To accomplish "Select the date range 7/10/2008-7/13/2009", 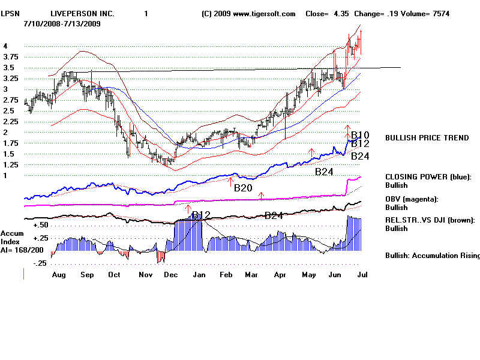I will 62,23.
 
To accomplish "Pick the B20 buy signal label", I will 243,188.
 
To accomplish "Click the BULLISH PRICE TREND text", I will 427,138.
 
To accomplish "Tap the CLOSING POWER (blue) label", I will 428,177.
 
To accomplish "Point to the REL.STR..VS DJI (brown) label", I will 430,220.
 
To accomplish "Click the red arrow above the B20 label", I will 230,178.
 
